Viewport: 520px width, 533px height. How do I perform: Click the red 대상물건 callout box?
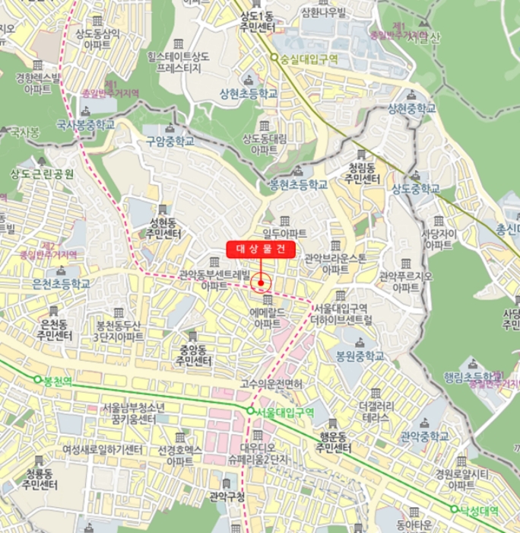tap(261, 248)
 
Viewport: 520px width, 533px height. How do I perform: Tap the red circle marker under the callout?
tap(261, 283)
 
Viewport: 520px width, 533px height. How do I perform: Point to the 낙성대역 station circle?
tap(454, 509)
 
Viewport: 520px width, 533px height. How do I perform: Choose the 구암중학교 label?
tap(170, 141)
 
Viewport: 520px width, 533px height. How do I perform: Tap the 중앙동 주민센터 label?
tap(191, 356)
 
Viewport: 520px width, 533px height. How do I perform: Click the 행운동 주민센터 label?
tap(333, 444)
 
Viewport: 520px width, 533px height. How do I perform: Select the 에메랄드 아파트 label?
tap(268, 318)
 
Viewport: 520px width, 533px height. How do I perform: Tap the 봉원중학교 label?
tap(360, 356)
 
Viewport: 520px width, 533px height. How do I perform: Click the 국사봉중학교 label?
tap(85, 123)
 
